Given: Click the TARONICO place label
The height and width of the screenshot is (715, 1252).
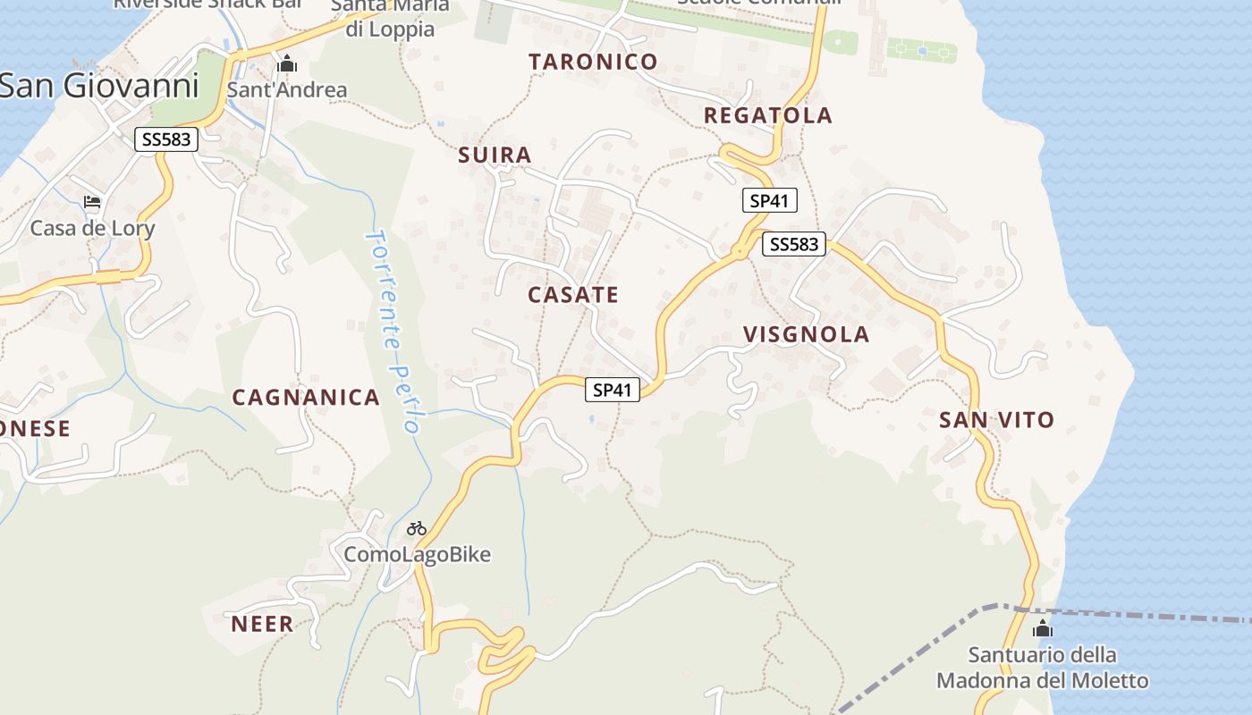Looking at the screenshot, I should tap(593, 62).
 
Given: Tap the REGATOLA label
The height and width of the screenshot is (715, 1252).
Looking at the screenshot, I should tap(767, 115).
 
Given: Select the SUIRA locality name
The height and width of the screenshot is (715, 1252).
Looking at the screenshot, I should tap(495, 155).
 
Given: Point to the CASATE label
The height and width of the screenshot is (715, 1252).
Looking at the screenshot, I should tap(572, 295).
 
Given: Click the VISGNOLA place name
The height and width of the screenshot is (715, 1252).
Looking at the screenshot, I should tap(806, 334).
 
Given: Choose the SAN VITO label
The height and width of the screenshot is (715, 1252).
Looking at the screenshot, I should tap(996, 419).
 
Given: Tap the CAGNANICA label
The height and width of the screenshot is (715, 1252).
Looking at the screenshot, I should tap(306, 398).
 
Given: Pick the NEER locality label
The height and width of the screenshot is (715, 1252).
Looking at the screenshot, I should tap(262, 624).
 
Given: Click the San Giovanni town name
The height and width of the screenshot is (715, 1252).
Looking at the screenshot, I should tap(98, 86).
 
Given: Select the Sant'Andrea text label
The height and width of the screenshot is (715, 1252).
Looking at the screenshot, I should tap(286, 89).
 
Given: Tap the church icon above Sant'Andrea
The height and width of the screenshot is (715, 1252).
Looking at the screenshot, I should tap(287, 63).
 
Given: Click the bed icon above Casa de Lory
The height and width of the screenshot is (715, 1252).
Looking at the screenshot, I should tap(92, 202).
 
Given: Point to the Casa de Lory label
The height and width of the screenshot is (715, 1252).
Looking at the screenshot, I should tap(92, 228).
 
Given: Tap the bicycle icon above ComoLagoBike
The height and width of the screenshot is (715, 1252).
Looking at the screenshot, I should tap(417, 528).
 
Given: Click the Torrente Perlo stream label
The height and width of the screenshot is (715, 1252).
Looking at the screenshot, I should tap(393, 331).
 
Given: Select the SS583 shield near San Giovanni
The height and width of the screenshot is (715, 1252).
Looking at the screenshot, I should tap(166, 139).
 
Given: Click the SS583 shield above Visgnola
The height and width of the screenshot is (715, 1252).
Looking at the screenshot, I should tap(794, 244).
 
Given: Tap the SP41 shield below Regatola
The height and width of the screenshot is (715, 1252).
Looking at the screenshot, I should tap(769, 200).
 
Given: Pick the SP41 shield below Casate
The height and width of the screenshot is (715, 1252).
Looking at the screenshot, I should tap(613, 390).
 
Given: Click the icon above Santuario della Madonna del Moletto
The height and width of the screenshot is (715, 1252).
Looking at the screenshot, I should tap(1042, 629).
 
